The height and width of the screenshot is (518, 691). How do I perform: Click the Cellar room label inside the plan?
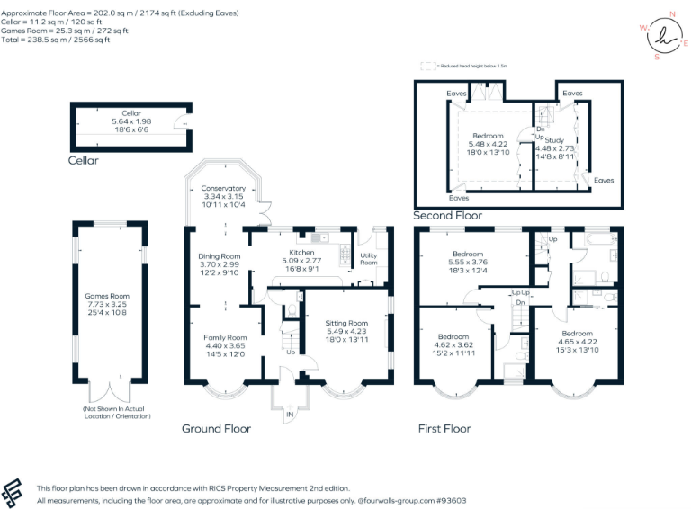pos(131,114)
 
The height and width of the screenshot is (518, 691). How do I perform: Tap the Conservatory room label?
pos(224,188)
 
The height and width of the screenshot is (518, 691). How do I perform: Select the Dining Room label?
pos(220,256)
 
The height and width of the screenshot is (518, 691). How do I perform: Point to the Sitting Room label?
pos(346,323)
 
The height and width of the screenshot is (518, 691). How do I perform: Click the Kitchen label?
pos(301,253)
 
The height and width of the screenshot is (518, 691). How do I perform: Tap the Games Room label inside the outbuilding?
pos(107,296)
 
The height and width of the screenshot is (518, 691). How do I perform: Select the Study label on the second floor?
pos(554,140)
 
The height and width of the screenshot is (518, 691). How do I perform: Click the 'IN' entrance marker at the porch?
pos(291,415)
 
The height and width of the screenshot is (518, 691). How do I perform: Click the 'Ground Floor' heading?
pos(216,429)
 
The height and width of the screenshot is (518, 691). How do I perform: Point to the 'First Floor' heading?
pos(444,429)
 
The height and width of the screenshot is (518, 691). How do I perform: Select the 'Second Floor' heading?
pos(447,216)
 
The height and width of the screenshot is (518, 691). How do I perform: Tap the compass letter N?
pos(672,16)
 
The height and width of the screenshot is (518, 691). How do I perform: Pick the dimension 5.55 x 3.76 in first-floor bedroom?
pos(468,263)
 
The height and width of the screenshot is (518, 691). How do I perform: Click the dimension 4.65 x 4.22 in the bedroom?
pos(577,341)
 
